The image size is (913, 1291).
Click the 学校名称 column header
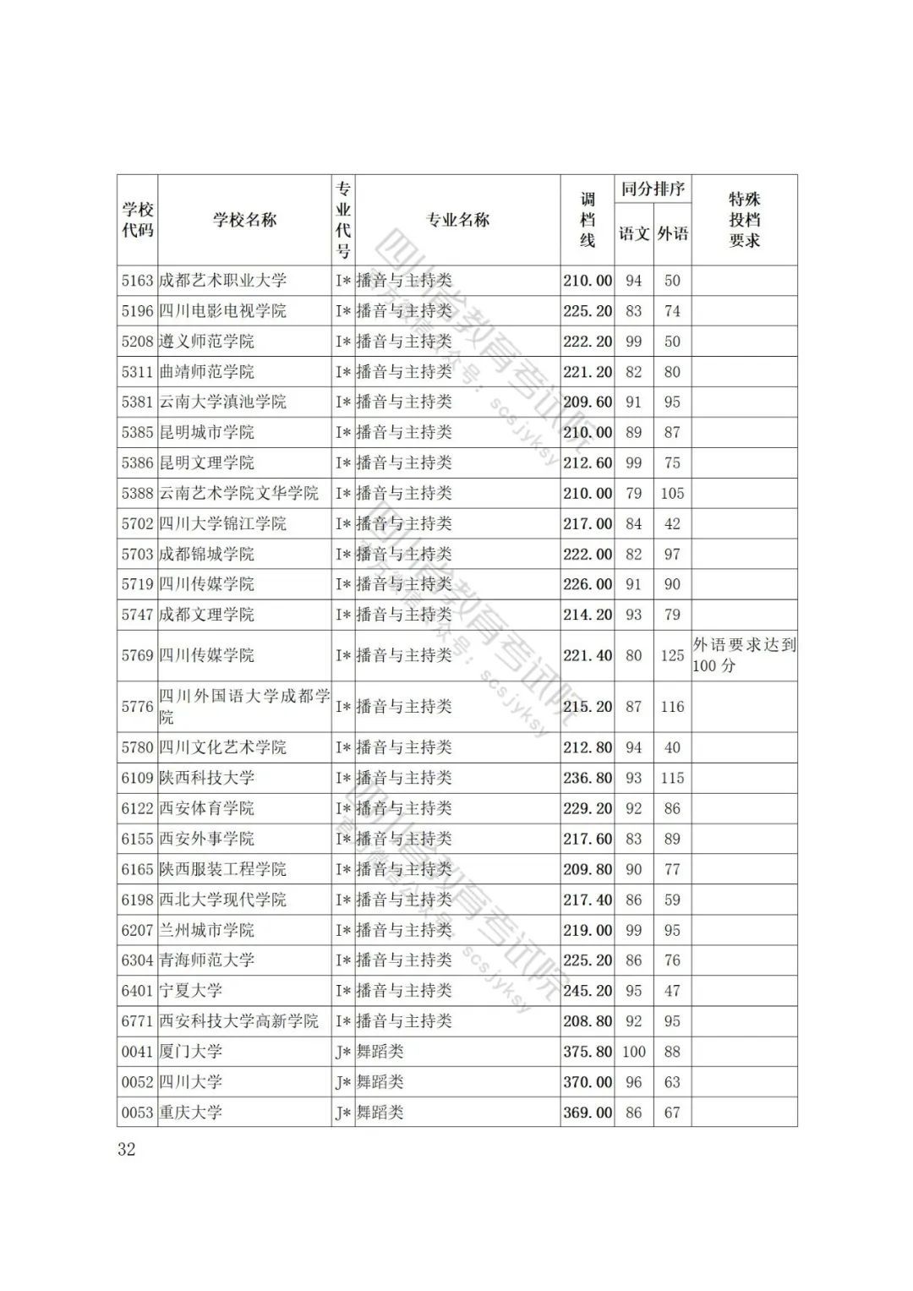tap(244, 221)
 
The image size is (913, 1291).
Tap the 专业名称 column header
tap(457, 221)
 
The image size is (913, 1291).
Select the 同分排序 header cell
tap(653, 189)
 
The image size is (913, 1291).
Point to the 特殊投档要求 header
tap(744, 221)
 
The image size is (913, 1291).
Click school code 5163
tap(137, 281)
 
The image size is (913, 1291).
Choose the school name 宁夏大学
tap(191, 991)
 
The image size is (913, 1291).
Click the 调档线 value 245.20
tap(588, 991)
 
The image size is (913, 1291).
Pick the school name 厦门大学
tap(191, 1052)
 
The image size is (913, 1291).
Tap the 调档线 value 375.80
tap(588, 1052)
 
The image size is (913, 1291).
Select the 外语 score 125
tap(672, 655)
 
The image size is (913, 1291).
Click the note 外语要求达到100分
tap(744, 655)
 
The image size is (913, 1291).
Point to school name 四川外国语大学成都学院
tap(244, 707)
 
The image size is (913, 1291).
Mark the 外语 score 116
tap(672, 707)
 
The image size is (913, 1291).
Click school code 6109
tap(137, 778)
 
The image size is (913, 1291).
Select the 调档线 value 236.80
tap(588, 778)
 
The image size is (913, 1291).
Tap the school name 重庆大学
tap(191, 1113)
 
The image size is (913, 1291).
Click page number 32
tap(127, 1149)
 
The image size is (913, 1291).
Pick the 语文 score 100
tap(633, 1052)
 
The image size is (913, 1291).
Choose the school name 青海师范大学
tap(207, 960)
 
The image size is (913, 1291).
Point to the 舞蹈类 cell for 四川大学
tap(380, 1082)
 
